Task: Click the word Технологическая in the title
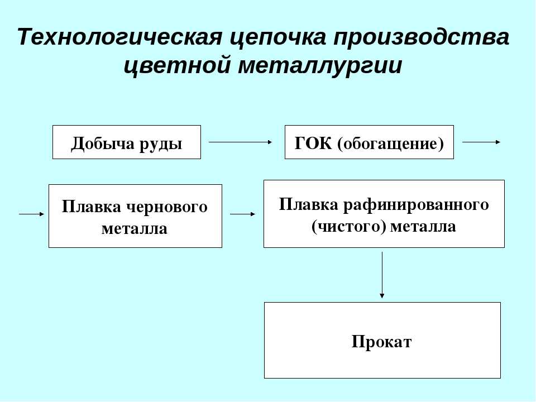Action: pos(119,37)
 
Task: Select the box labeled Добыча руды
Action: pos(127,142)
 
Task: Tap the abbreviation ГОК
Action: pos(313,143)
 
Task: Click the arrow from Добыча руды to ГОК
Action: pos(240,142)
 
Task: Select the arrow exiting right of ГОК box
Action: pos(481,142)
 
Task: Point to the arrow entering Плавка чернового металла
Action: pos(32,214)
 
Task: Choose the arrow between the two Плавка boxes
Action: pos(243,214)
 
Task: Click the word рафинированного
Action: pos(416,205)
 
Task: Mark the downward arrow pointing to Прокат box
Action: pos(382,275)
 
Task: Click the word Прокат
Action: pos(382,342)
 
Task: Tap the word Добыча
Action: pos(103,143)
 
